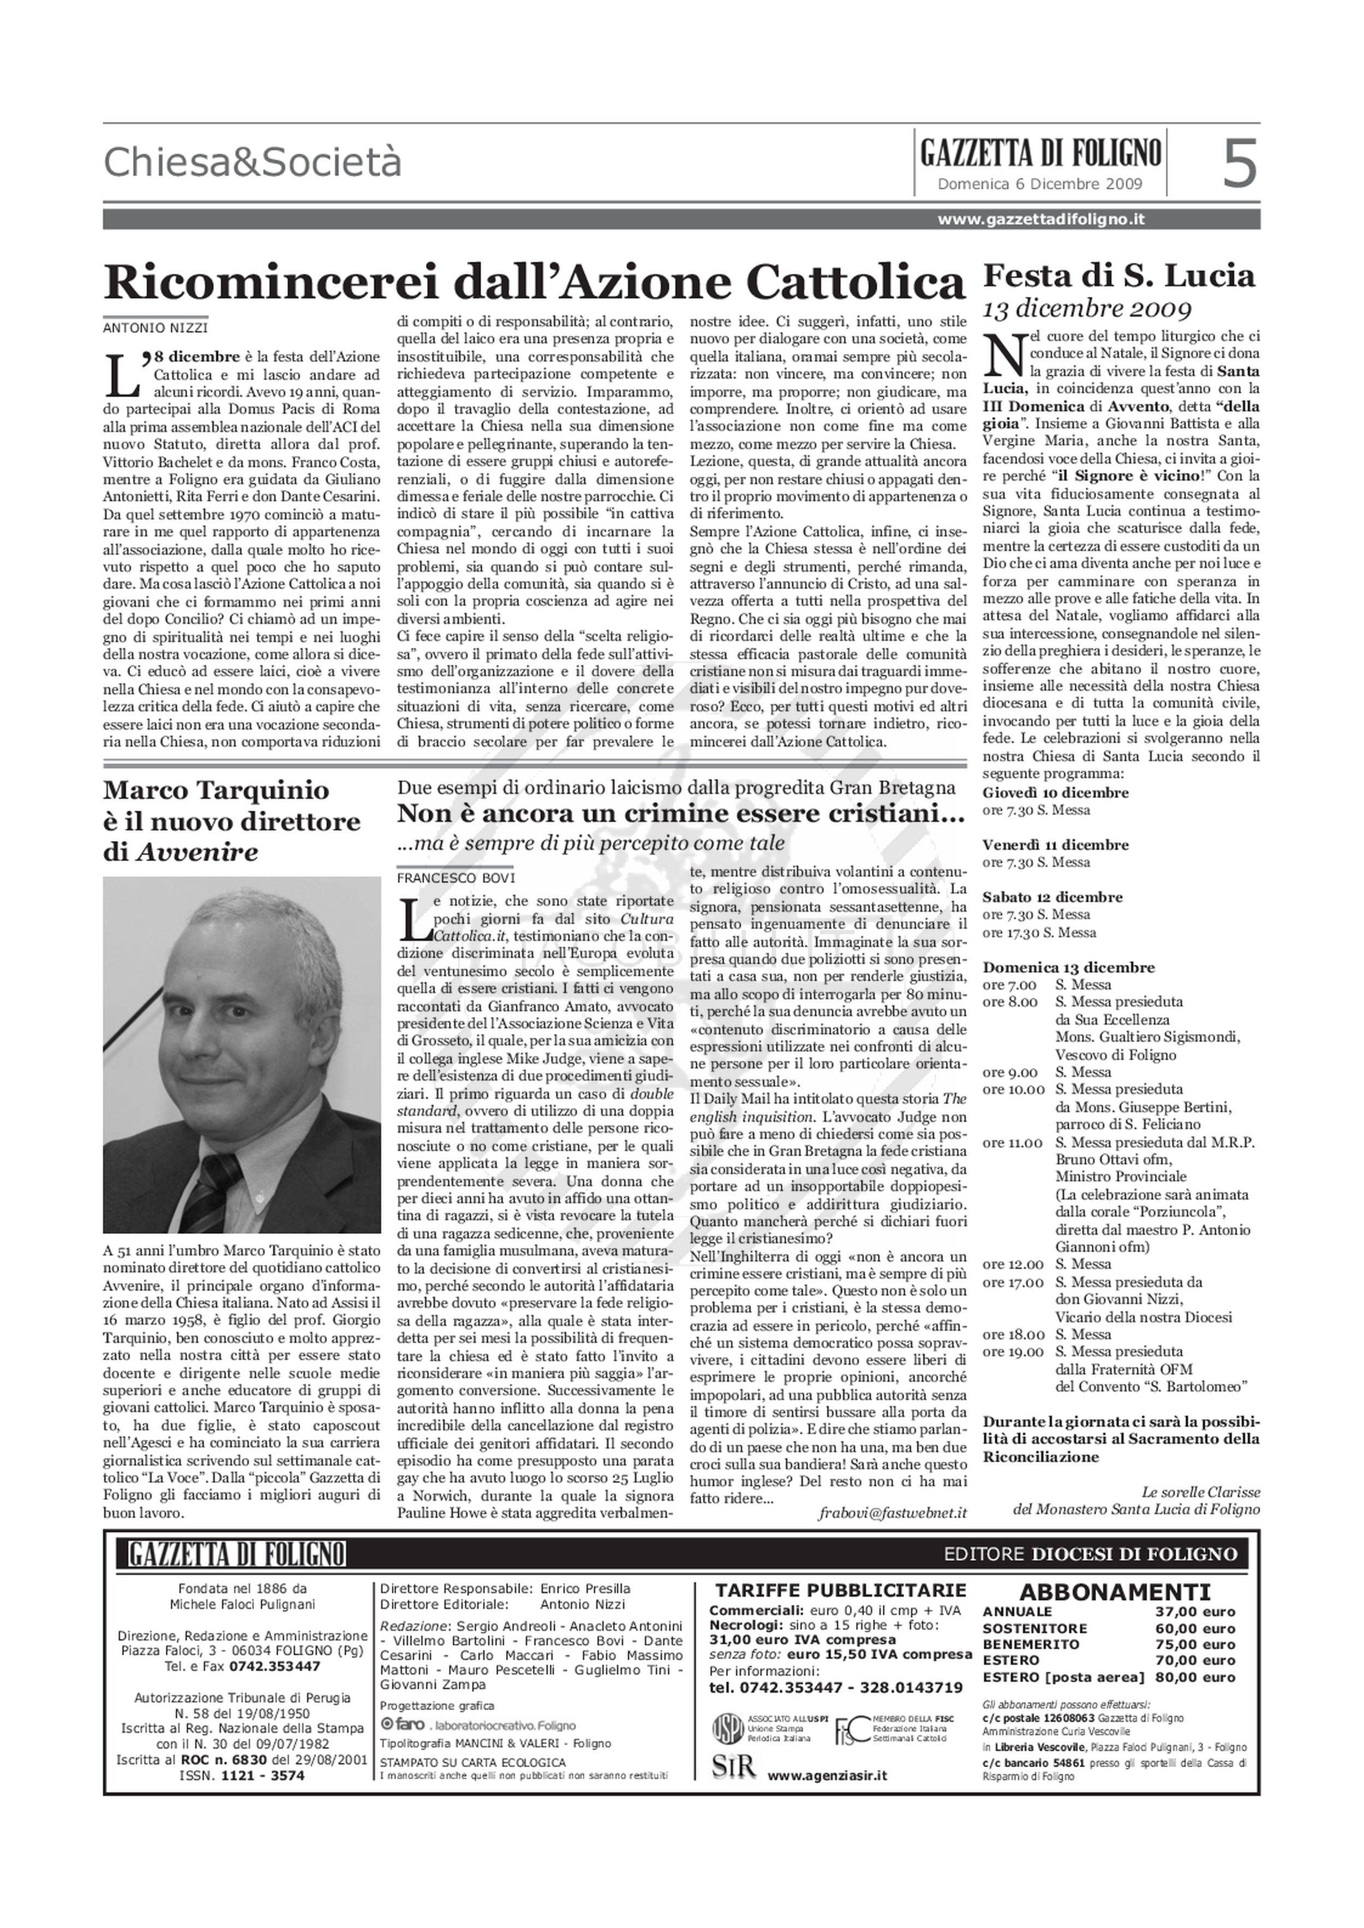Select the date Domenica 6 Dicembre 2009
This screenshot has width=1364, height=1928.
1040,184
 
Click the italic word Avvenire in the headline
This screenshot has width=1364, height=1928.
196,852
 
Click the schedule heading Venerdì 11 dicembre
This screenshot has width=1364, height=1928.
1055,845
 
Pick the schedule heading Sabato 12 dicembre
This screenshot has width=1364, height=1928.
1051,897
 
